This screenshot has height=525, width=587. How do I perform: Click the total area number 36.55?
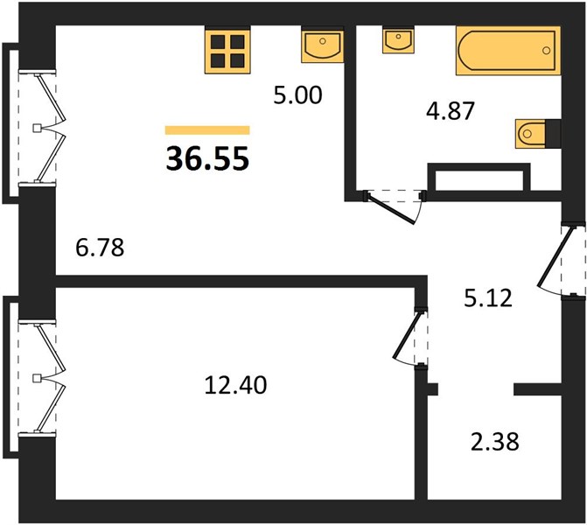pyautogui.click(x=207, y=158)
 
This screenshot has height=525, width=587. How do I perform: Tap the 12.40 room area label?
pyautogui.click(x=236, y=385)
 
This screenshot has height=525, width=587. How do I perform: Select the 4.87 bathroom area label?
pyautogui.click(x=451, y=110)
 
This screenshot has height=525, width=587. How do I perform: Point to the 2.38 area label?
pyautogui.click(x=495, y=442)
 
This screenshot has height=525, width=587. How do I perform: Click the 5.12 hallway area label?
pyautogui.click(x=488, y=298)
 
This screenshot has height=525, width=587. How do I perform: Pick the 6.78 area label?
pyautogui.click(x=100, y=248)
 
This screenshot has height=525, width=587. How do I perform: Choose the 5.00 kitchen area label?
pyautogui.click(x=297, y=95)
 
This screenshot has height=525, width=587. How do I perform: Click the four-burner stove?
pyautogui.click(x=227, y=51)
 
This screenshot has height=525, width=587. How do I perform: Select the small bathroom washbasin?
pyautogui.click(x=398, y=39)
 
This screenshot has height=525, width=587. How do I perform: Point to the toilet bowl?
pyautogui.click(x=530, y=133)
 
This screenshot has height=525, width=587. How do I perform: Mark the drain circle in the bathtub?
pyautogui.click(x=546, y=51)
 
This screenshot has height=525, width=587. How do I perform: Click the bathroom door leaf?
pyautogui.click(x=391, y=208)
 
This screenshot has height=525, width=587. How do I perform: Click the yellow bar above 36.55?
pyautogui.click(x=207, y=130)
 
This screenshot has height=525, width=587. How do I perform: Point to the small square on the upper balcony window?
pyautogui.click(x=37, y=129)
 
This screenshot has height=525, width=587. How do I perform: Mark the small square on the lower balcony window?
pyautogui.click(x=37, y=378)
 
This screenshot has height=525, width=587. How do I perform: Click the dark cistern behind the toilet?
pyautogui.click(x=553, y=133)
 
